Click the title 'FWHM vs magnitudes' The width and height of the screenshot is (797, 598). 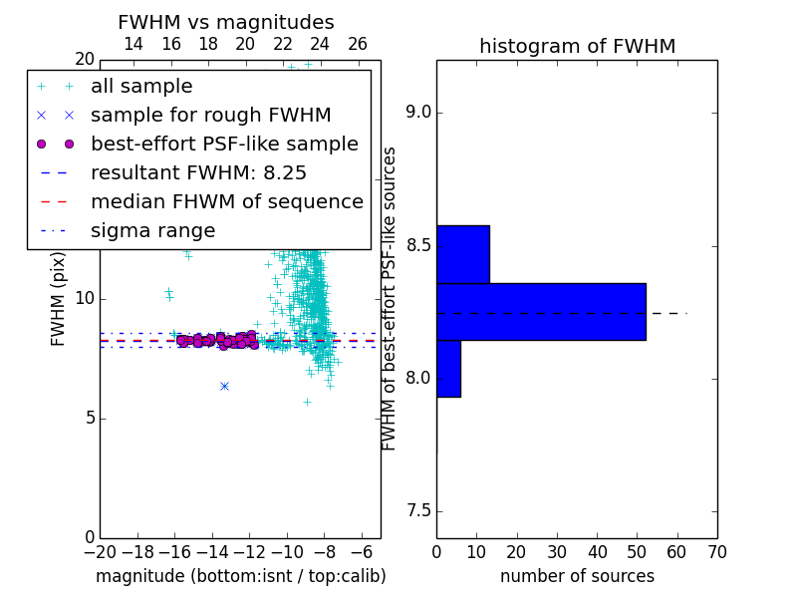point(226,22)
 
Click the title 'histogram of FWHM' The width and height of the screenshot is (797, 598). point(578,46)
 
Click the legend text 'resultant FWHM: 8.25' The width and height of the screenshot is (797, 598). point(198,172)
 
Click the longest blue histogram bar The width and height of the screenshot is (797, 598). point(541,312)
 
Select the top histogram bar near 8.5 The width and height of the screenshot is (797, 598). point(463,254)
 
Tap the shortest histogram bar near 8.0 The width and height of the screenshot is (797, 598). point(449,369)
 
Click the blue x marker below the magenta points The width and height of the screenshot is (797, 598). point(225,387)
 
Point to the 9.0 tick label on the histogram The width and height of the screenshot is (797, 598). point(418,113)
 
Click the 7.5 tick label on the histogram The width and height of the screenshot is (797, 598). point(418,511)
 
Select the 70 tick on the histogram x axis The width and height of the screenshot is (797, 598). point(717,552)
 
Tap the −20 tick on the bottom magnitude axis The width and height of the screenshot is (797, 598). point(101,552)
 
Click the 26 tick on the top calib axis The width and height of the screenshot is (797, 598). point(358,44)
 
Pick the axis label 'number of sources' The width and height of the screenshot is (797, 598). point(578,576)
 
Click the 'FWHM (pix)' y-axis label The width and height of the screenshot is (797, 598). point(58,299)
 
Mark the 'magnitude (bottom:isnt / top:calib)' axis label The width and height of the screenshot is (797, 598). point(241,577)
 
